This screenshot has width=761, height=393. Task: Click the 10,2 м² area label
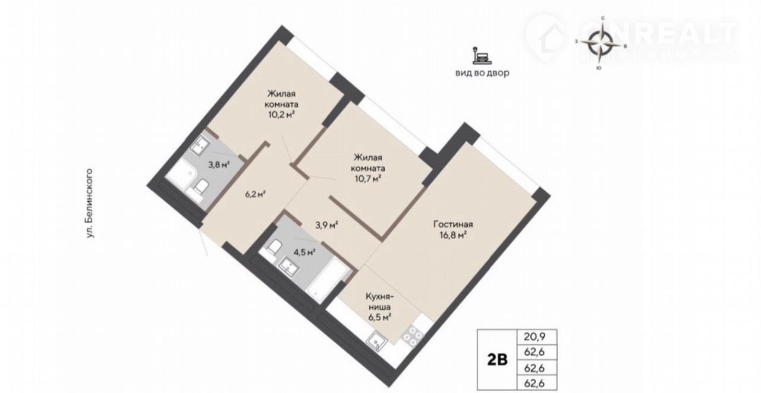click(281, 115)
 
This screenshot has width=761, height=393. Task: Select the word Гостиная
click(453, 224)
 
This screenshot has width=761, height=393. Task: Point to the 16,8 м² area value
click(453, 235)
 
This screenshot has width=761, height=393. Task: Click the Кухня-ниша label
click(379, 302)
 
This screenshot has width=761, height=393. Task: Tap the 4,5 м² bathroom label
click(305, 252)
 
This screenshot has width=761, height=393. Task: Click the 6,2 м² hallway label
click(255, 194)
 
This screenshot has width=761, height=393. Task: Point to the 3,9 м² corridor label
click(326, 225)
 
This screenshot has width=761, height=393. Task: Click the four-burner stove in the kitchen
click(413, 336)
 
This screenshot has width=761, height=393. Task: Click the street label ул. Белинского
click(90, 203)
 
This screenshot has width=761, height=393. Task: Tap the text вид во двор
click(482, 73)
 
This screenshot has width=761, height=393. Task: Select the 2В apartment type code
click(498, 360)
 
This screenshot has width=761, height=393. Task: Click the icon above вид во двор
click(482, 56)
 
